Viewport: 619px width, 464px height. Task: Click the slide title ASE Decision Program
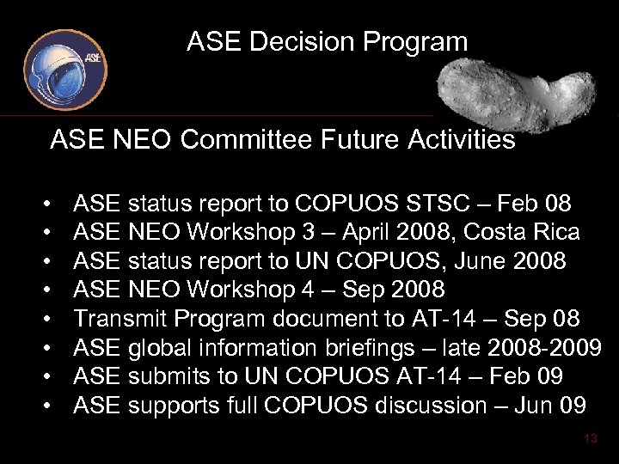(327, 41)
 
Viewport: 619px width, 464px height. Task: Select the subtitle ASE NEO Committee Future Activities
(283, 139)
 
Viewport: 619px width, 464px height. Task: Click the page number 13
(590, 438)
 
